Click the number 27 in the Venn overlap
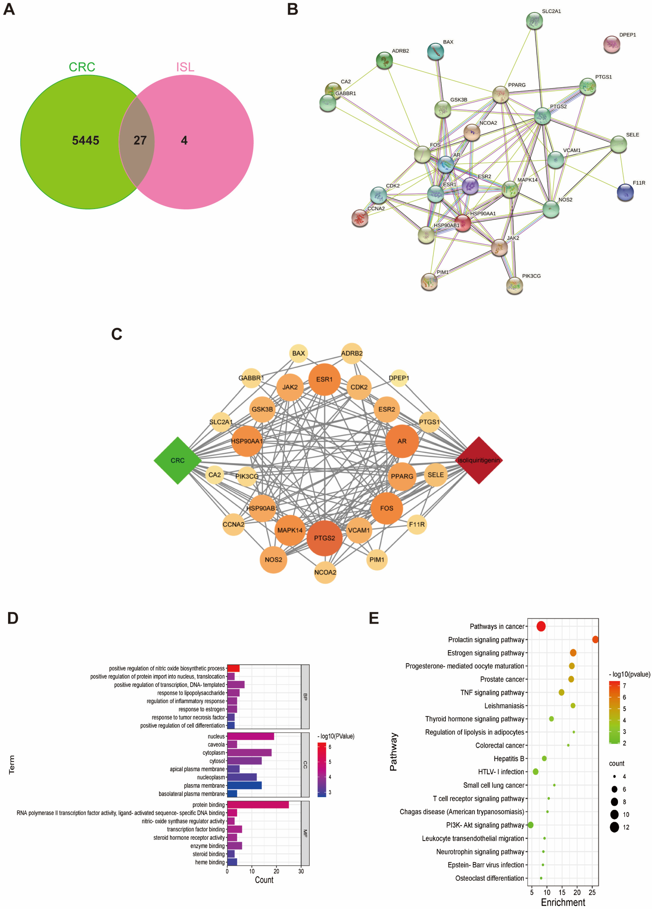(140, 140)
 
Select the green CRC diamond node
(178, 460)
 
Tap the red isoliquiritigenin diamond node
(479, 460)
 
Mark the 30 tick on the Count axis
(301, 871)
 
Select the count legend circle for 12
(614, 827)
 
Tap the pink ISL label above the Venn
(185, 67)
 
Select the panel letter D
(13, 618)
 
